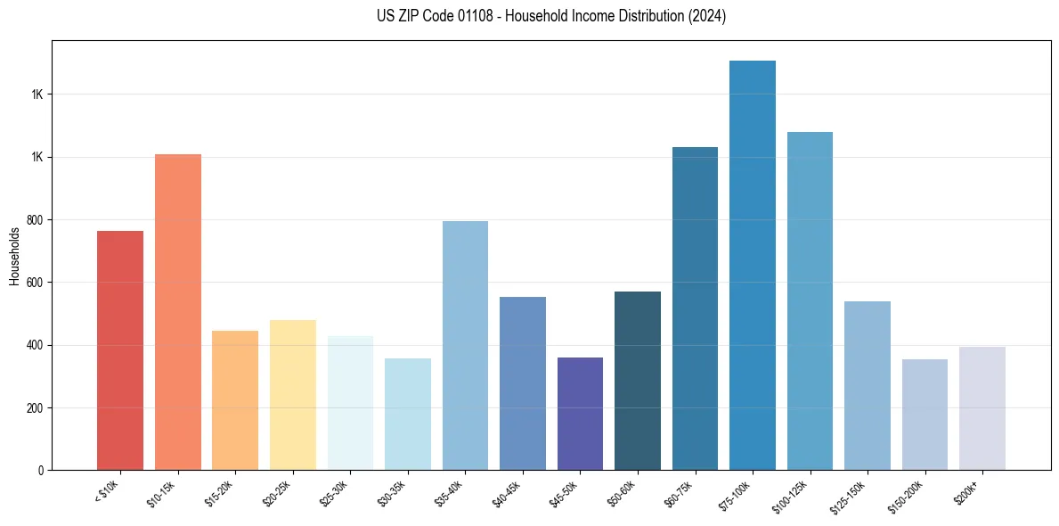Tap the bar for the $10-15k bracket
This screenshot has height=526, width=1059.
coord(178,312)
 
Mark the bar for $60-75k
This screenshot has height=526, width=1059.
coord(695,308)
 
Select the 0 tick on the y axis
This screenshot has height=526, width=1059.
coord(41,471)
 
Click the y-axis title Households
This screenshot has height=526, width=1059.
coord(14,256)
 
